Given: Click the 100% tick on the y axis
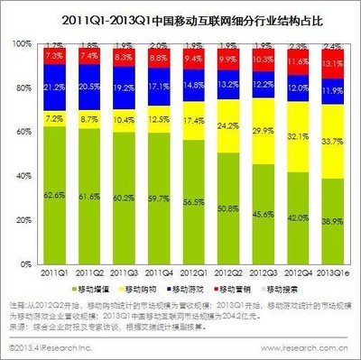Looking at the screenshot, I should [x=20, y=42].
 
